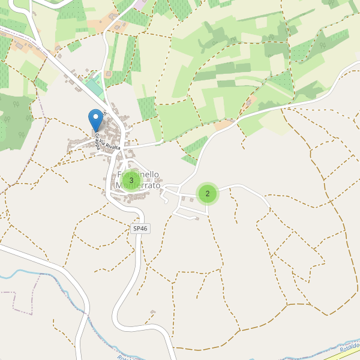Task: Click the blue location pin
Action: pos(95,118)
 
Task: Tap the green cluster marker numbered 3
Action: pos(131,180)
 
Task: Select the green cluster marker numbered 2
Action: pos(208,193)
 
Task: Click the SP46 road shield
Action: pos(140,229)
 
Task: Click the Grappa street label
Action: pos(97,142)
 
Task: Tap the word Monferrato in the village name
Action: pos(139,186)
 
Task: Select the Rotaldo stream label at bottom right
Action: pos(350,348)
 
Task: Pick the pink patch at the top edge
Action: pos(140,4)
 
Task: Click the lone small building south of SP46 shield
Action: pos(153,313)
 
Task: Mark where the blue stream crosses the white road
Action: pos(85,311)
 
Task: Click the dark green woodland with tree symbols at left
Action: pos(15,120)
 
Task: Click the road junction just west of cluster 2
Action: pos(180,192)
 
